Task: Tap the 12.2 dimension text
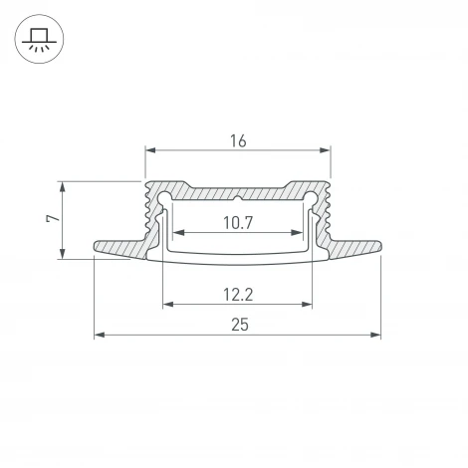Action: click(x=238, y=294)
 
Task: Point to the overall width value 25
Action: click(x=238, y=325)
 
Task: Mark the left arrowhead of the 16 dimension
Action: click(x=150, y=151)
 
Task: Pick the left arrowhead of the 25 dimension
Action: click(x=99, y=336)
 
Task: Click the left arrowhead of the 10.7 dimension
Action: click(x=177, y=232)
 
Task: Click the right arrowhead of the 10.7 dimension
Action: click(x=298, y=232)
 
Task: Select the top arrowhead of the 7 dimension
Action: click(x=64, y=187)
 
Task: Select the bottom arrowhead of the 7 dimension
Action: click(x=64, y=254)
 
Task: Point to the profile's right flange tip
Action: click(x=380, y=246)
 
